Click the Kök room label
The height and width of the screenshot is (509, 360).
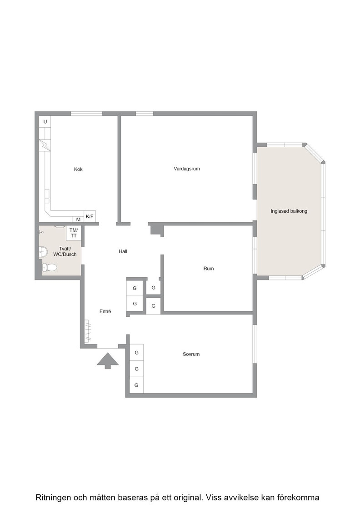click(78, 169)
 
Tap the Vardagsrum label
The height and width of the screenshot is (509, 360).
click(187, 169)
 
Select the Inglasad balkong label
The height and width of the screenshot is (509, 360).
click(289, 211)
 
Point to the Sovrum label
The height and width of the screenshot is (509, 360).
click(191, 354)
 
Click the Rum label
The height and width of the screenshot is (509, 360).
click(208, 269)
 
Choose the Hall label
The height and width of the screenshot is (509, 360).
click(123, 251)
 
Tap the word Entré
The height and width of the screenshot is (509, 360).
click(105, 311)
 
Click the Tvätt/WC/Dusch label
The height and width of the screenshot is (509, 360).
click(65, 252)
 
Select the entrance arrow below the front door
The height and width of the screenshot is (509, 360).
click(108, 361)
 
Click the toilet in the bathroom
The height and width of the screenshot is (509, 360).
click(50, 268)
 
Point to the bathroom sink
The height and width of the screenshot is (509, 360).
click(43, 252)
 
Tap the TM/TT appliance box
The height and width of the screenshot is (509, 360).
click(74, 233)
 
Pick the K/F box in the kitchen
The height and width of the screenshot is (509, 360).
click(90, 216)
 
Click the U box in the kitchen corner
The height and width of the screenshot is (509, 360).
click(45, 122)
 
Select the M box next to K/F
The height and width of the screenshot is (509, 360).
click(78, 220)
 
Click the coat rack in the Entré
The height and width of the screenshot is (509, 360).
click(88, 331)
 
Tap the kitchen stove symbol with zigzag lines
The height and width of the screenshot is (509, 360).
click(45, 145)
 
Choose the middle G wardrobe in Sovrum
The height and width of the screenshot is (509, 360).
click(137, 369)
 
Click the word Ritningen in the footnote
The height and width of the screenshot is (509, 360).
click(53, 498)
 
